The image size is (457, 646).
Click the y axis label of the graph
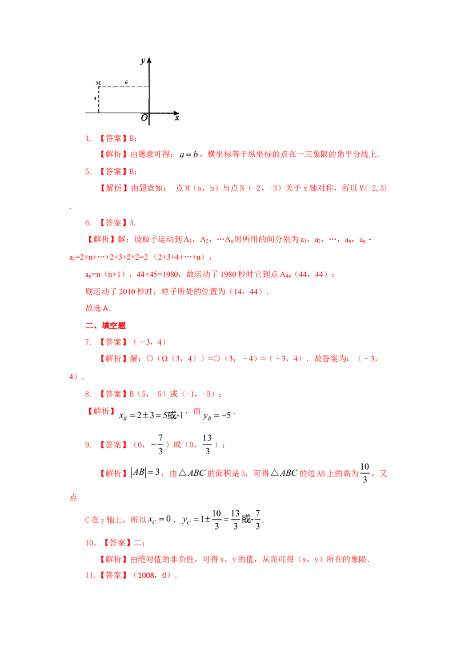point(142,62)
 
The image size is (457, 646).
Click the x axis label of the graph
point(177,118)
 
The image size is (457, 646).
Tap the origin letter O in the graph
point(144,118)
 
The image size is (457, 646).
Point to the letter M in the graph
point(98,83)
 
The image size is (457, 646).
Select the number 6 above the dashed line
point(126,82)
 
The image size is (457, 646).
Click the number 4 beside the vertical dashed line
point(95,98)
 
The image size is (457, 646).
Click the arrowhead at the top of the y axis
point(149,60)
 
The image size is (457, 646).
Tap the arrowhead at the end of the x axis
point(177,113)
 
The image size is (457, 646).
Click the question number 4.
point(88,139)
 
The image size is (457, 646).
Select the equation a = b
point(189,155)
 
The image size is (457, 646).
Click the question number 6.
point(88,223)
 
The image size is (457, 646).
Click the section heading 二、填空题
point(105,325)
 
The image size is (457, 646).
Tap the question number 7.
point(88,342)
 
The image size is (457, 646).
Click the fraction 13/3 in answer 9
point(207,445)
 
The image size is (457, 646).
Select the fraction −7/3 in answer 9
point(158,445)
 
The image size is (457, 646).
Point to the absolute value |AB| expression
point(138,472)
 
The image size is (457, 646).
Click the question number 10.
point(90,543)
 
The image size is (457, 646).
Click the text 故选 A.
point(98,308)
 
